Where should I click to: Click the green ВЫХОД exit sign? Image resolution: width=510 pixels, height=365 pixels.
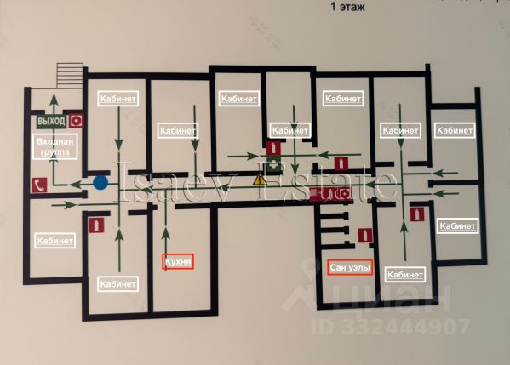tap(51, 121)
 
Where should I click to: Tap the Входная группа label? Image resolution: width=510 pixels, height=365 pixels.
tap(55, 146)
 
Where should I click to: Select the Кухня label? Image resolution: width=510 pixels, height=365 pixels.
tap(178, 262)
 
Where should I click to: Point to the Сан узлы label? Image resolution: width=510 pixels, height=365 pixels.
tap(350, 267)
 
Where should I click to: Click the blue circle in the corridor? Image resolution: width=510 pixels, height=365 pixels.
tap(100, 183)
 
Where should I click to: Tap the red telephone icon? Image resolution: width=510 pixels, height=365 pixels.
tap(39, 185)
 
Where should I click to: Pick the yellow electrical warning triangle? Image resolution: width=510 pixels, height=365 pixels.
tap(259, 180)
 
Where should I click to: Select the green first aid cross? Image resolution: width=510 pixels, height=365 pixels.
tap(274, 164)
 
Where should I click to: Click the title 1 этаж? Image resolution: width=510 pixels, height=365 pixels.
tap(348, 7)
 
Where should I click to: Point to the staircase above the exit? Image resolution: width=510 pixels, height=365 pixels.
tap(71, 75)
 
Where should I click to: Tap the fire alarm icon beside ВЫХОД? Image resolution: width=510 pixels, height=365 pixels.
tap(76, 121)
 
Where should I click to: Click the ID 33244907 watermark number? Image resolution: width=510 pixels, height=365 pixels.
tap(390, 327)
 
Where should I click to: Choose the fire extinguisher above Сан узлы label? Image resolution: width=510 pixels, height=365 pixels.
tap(365, 236)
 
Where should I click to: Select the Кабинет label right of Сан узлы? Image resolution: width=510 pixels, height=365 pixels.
tap(405, 275)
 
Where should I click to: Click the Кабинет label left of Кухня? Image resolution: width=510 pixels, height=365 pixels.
tap(117, 284)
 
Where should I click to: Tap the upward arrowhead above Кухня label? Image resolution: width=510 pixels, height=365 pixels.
tap(166, 233)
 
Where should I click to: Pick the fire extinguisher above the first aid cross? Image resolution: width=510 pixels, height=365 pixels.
tap(273, 149)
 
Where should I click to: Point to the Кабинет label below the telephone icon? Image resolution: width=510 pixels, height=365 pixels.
tap(55, 241)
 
